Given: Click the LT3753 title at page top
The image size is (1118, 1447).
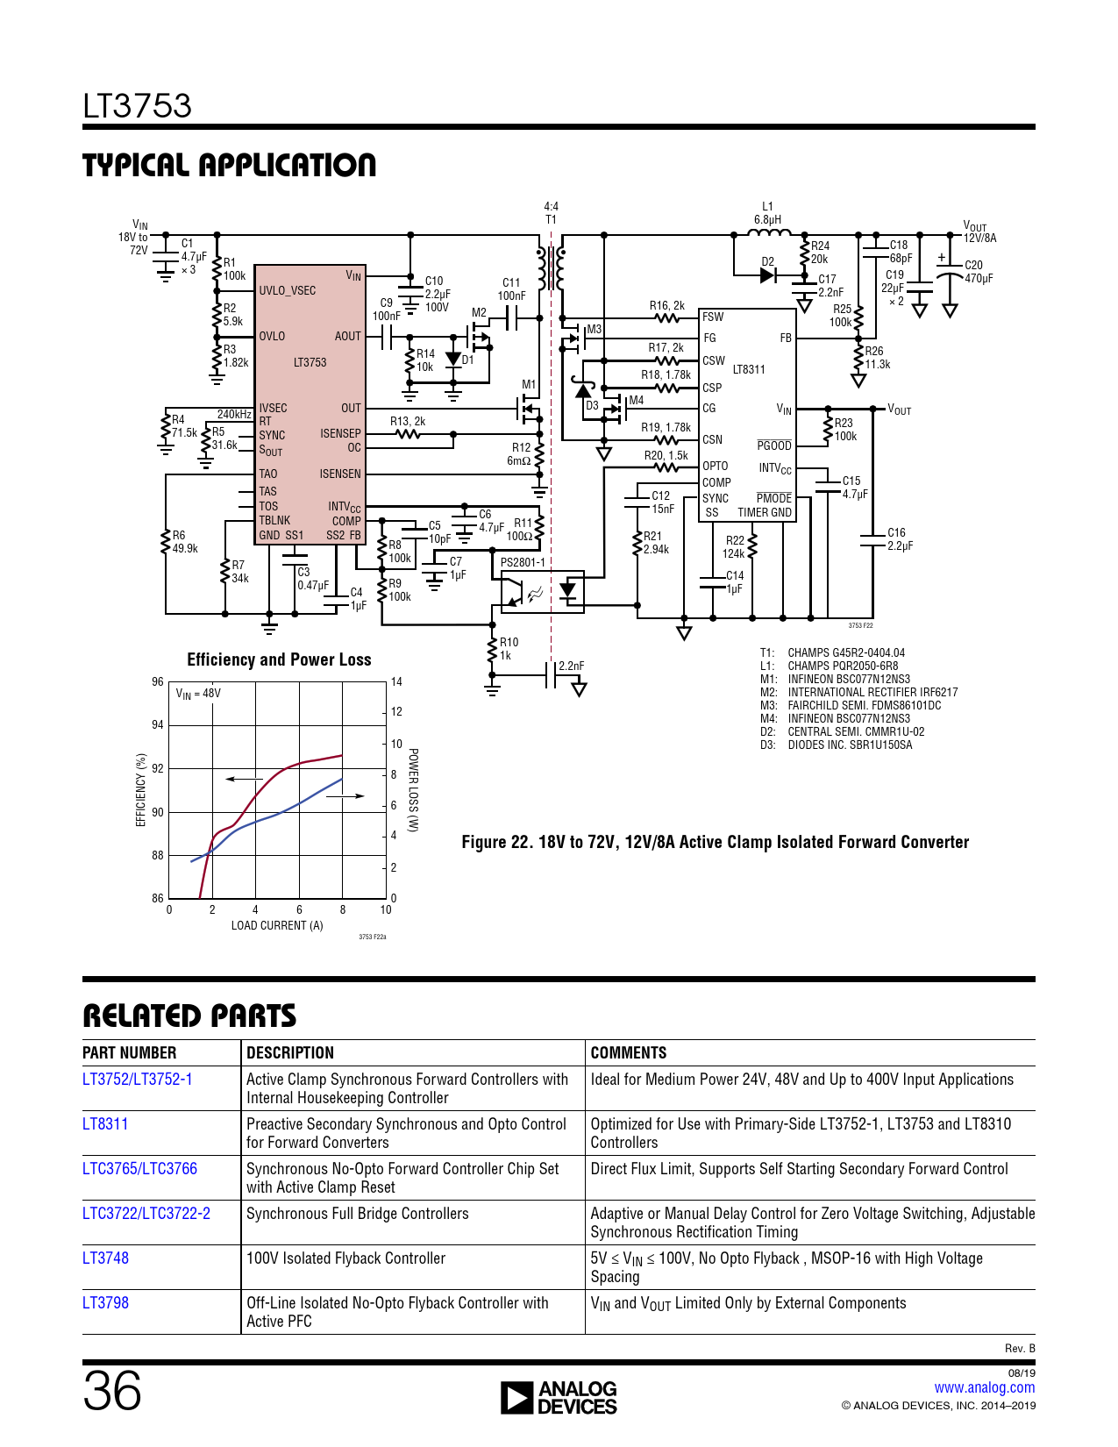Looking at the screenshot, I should coord(137,106).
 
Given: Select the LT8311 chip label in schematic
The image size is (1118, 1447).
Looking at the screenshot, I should coord(749,369).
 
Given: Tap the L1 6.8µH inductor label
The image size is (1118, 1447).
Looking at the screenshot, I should coord(767,213).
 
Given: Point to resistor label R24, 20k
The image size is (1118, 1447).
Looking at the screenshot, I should coord(819,253).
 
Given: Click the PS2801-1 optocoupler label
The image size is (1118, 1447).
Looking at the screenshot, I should coord(523,562).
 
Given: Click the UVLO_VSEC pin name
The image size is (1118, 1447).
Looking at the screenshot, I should coord(287,290).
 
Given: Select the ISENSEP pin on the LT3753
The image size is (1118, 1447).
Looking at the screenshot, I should coord(340,433).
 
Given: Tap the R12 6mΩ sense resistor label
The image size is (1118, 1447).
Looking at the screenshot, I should coord(520,453).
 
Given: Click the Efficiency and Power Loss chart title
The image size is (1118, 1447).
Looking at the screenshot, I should coord(279,659).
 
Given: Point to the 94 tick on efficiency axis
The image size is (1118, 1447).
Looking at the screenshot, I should coord(158,724).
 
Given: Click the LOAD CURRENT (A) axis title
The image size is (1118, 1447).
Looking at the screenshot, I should coord(277,925).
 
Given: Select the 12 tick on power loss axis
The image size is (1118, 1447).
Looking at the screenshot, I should coord(396,711).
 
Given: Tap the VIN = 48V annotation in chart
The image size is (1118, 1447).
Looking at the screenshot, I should coord(198,694).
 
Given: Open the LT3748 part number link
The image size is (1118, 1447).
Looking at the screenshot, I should coord(105,1258).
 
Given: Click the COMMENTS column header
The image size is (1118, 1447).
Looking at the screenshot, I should coord(628,1052).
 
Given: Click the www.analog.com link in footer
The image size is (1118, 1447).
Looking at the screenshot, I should coord(984,1387).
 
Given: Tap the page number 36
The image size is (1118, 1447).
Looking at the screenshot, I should coord(112,1391).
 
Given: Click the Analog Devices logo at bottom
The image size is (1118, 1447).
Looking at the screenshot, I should coord(559,1398).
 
